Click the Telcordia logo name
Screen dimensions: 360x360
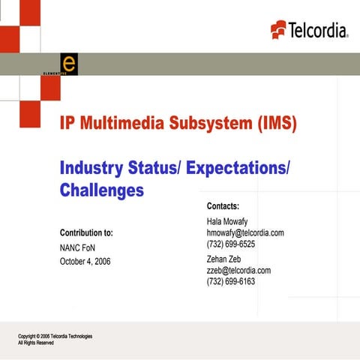(x=319, y=29)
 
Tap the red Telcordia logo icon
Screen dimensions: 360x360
(x=278, y=28)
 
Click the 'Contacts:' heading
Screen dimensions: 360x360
(x=223, y=205)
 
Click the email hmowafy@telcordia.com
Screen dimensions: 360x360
(x=245, y=233)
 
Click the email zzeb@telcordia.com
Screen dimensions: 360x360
(x=238, y=270)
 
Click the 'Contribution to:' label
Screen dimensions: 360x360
(x=86, y=233)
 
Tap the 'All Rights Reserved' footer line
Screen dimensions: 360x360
(x=36, y=343)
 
